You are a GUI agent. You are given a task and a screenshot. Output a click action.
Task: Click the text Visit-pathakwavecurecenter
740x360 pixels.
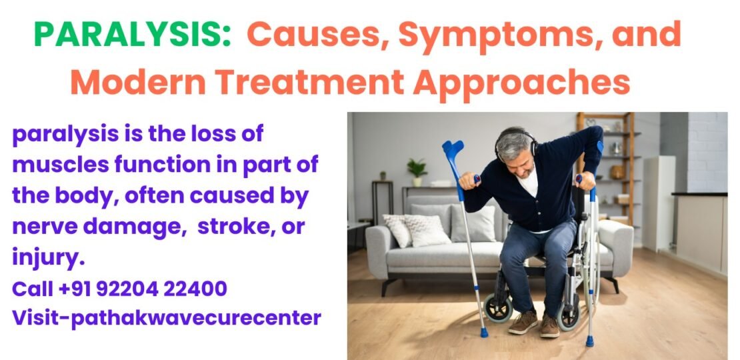click(166, 317)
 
